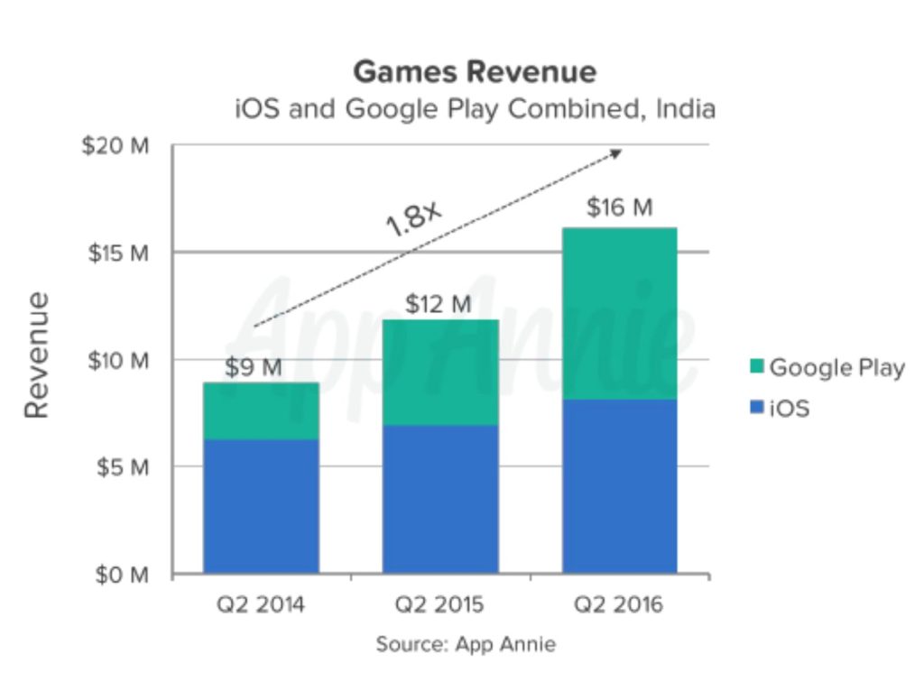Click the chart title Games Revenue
(474, 72)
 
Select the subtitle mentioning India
(474, 110)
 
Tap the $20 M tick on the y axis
(115, 146)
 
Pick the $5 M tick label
(121, 467)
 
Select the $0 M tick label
(121, 575)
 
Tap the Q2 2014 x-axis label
(261, 605)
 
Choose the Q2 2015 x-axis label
(440, 605)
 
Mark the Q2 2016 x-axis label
(619, 605)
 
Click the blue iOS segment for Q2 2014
(261, 505)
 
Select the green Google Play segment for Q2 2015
(440, 372)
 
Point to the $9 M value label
(253, 368)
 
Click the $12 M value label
(438, 305)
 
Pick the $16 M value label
(619, 207)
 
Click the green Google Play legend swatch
(755, 367)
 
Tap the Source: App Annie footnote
(466, 644)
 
